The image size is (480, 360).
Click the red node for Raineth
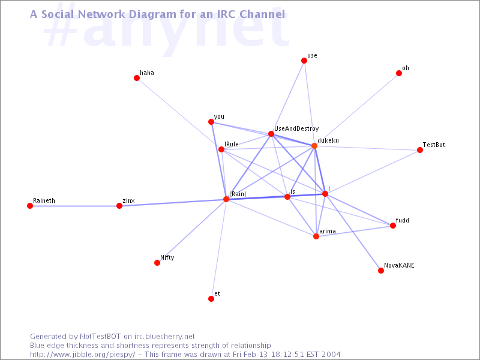click(30, 206)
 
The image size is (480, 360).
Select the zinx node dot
click(119, 206)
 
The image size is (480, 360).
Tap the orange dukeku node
click(314, 146)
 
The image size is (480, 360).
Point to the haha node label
click(147, 73)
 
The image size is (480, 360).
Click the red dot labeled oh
click(399, 73)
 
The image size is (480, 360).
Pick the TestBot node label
click(434, 145)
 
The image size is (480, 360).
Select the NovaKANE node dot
click(381, 271)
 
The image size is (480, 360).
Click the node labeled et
click(211, 299)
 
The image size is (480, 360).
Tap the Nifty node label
click(167, 257)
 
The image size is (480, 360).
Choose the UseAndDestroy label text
click(296, 128)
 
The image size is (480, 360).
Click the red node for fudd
click(393, 226)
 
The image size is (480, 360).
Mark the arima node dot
click(316, 236)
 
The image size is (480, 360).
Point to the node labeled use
click(304, 61)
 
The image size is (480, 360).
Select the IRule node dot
click(221, 149)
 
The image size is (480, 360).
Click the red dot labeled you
click(211, 122)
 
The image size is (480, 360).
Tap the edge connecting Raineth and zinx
click(74, 206)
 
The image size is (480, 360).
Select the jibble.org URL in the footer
click(83, 355)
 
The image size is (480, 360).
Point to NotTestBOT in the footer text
click(100, 337)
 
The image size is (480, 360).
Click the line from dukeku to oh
click(356, 109)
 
